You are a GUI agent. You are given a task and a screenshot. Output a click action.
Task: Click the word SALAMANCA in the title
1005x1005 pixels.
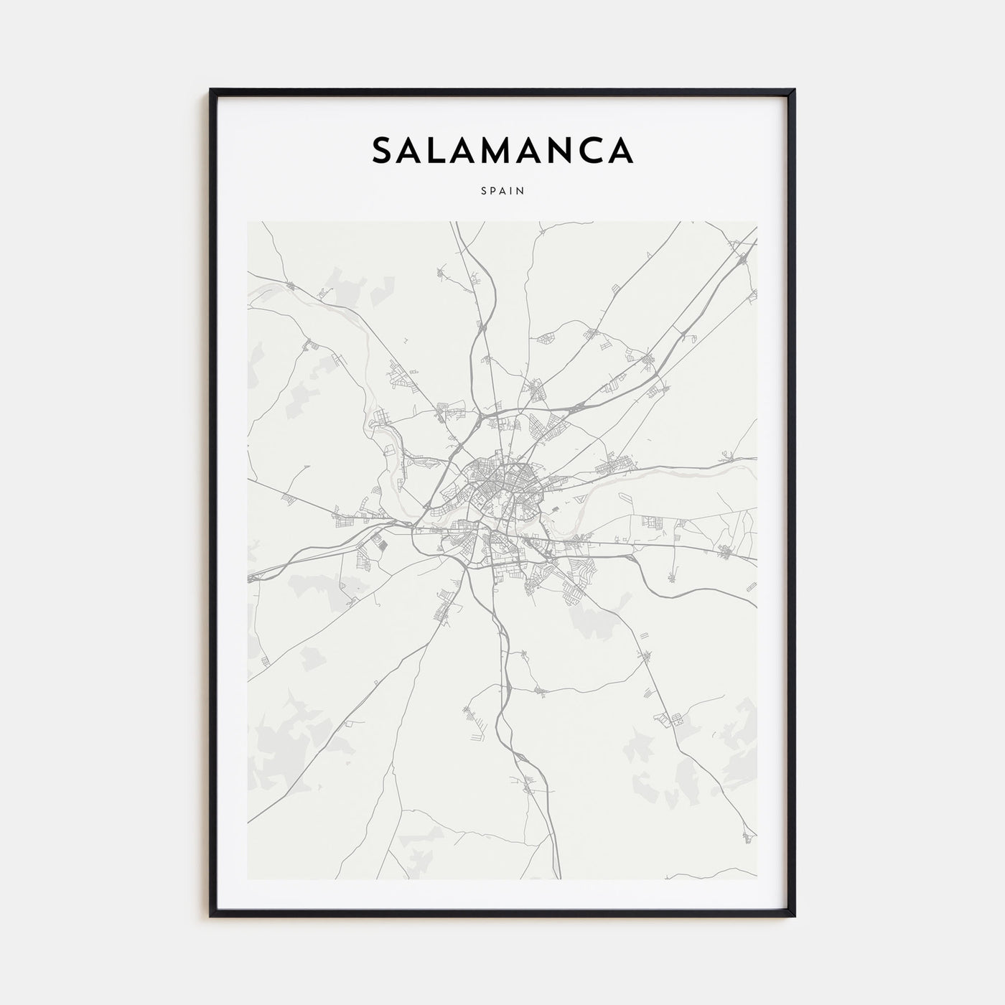[502, 150]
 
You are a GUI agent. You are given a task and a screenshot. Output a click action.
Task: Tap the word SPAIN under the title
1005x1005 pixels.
[502, 191]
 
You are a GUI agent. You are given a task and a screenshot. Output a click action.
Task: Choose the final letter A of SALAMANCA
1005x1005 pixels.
[622, 150]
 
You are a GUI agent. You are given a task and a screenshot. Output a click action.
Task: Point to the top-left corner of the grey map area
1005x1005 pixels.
[248, 222]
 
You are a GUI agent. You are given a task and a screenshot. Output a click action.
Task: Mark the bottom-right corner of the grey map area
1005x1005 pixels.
[757, 879]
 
